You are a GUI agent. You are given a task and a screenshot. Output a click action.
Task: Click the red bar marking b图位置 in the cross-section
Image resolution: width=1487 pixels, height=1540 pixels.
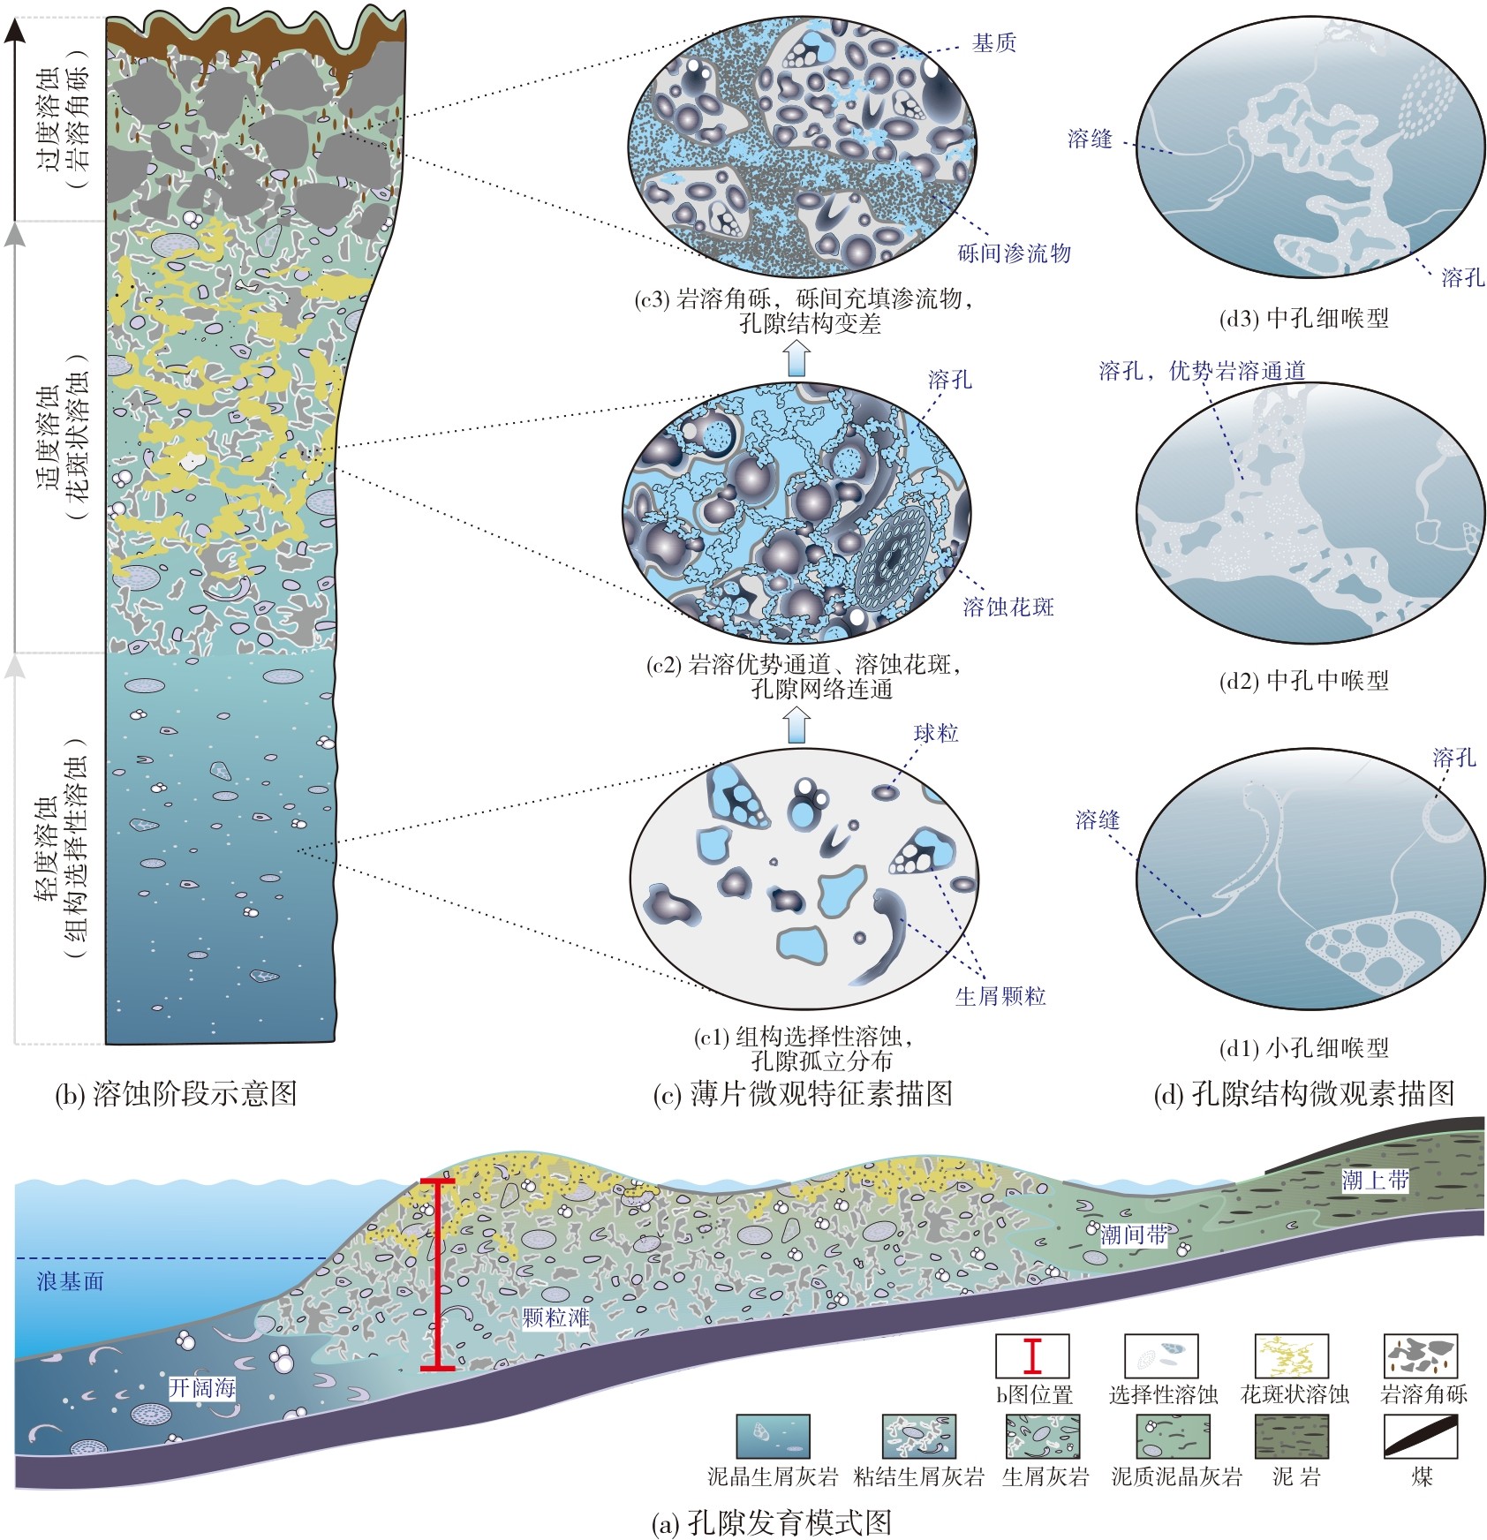pos(437,1274)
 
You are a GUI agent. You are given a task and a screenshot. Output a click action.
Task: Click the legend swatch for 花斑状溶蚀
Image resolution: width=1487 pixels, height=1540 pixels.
pos(1291,1355)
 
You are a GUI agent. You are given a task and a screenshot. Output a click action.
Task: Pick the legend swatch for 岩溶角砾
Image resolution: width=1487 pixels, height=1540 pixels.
pos(1420,1355)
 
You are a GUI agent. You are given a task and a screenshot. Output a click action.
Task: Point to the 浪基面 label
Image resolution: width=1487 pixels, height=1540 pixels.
pos(70,1281)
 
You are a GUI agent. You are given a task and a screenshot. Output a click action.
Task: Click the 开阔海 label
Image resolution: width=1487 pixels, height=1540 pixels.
pos(202,1388)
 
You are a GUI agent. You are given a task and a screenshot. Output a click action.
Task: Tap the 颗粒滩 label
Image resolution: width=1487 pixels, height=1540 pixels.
pos(555,1318)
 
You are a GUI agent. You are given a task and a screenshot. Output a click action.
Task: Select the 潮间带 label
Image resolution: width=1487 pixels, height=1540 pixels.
pos(1134,1235)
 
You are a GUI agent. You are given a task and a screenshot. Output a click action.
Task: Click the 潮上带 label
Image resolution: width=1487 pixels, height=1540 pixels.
pos(1375,1180)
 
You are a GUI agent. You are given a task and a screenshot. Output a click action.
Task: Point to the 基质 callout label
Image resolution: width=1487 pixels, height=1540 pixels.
pos(994,43)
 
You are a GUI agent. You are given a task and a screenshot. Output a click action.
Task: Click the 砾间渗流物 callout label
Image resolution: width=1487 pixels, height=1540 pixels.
pos(1015,253)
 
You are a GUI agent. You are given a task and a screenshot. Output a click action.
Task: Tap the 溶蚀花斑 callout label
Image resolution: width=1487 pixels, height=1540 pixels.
pos(1008,607)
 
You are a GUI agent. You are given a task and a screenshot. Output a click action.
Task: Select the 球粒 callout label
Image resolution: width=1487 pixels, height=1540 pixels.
pos(936,733)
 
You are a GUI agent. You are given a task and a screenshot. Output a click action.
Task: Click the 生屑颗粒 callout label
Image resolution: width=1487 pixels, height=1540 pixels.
pos(1000,996)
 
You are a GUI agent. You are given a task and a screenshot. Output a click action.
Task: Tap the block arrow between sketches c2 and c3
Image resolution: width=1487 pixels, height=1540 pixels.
pos(797,357)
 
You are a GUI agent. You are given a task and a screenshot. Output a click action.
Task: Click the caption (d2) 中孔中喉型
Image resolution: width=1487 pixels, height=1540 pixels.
pos(1303,680)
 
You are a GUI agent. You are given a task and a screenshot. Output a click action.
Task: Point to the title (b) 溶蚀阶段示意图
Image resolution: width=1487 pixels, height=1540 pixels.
pos(176,1093)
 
